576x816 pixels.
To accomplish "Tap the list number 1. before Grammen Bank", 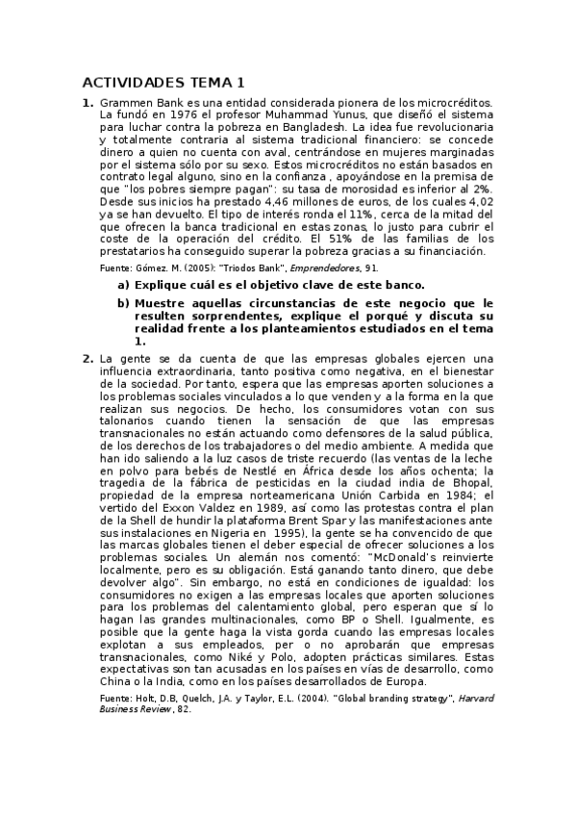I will click(x=88, y=102).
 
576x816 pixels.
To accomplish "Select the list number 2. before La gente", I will click(x=88, y=358).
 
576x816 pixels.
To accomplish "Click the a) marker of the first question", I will click(x=123, y=286).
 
